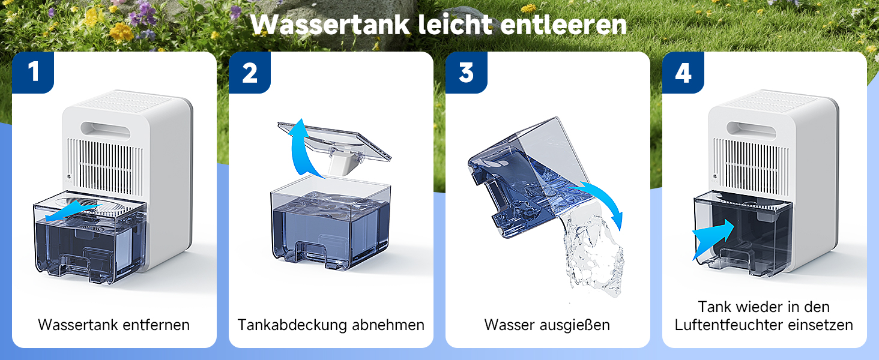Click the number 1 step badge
[33, 73]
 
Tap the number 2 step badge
[250, 73]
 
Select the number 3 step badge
[466, 73]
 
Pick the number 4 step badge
[683, 73]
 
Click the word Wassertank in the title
[330, 25]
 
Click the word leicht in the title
[455, 25]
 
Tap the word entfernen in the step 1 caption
[156, 325]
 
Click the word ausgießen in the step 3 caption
[575, 325]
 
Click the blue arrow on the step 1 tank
[73, 211]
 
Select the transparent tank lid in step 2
[334, 143]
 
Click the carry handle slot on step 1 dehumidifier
[105, 130]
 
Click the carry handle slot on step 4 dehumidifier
[751, 130]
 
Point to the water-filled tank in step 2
[331, 224]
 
